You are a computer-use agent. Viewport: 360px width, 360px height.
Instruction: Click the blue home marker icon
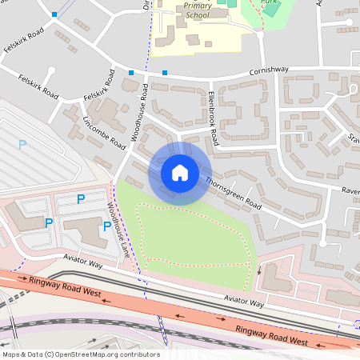coord(180,173)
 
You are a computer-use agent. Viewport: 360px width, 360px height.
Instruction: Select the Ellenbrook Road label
coord(212,118)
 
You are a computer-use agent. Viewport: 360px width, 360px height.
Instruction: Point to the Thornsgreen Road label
coord(233,191)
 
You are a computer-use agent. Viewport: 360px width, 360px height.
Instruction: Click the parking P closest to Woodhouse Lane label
coord(107,226)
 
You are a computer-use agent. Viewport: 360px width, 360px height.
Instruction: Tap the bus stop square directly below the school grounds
coord(165,74)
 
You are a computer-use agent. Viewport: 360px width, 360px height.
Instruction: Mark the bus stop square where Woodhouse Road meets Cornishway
coord(131,74)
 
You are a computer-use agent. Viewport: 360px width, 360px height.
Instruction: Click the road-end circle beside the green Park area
coord(260,34)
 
